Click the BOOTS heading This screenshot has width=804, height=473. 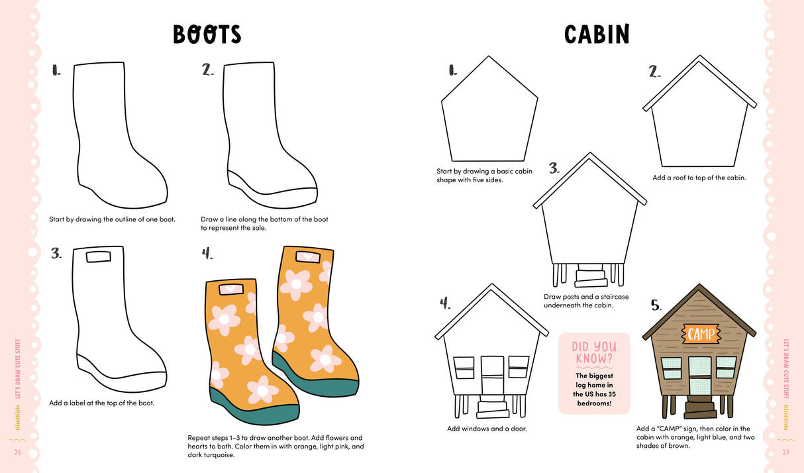point(207,34)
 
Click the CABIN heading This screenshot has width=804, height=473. point(597,34)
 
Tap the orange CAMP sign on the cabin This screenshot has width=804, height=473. point(700,334)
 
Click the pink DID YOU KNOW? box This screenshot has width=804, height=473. point(593,373)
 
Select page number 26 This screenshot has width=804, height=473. point(17,452)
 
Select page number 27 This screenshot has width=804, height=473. point(786,452)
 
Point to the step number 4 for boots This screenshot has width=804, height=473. point(207,253)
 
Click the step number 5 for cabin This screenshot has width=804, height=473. point(656,305)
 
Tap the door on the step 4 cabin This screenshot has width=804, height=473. point(492,376)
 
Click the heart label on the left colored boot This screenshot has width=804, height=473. point(230,289)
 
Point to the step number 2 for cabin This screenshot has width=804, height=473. point(654,71)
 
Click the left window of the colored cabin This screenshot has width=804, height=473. point(672,368)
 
